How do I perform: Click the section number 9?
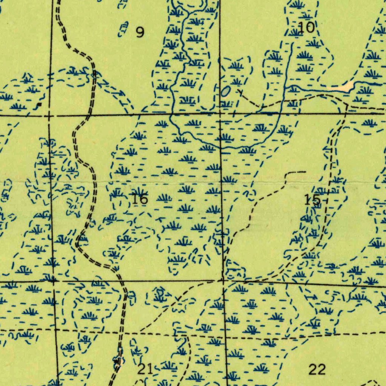(140, 33)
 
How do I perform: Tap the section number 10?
(306, 27)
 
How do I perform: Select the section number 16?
(140, 199)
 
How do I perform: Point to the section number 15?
(312, 200)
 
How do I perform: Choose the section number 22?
(317, 370)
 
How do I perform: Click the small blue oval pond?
(225, 91)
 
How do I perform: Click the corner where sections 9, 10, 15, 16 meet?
(221, 113)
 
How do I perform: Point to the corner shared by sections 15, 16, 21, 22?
(223, 281)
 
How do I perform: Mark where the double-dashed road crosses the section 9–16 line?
(89, 115)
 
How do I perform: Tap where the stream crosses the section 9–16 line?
(171, 113)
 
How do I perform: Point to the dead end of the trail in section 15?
(305, 172)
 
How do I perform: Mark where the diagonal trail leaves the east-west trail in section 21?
(140, 332)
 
